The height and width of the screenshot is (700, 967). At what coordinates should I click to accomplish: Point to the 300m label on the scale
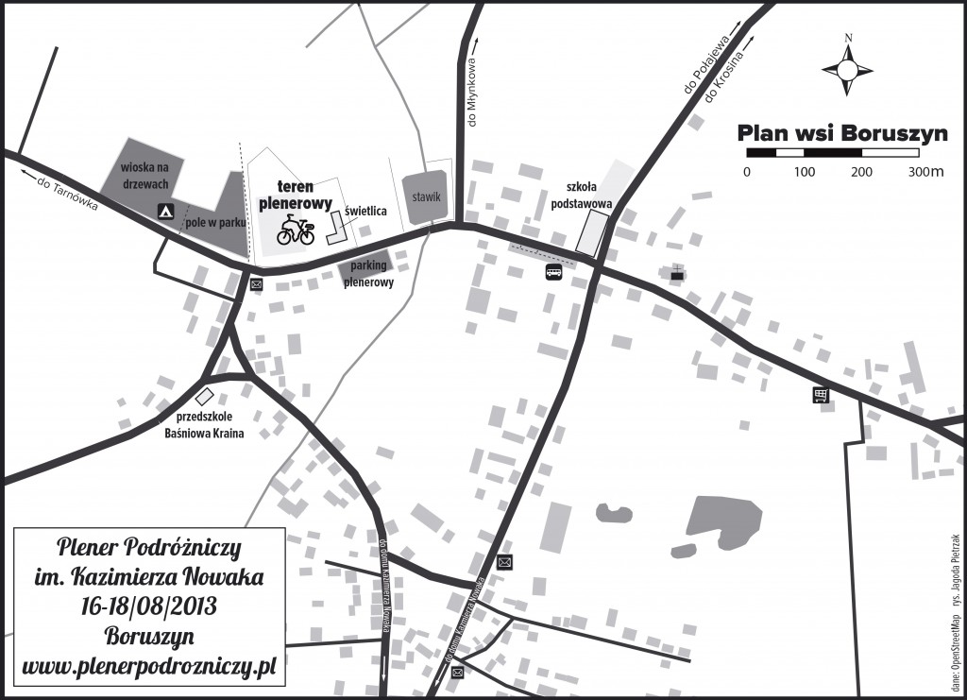click(x=925, y=172)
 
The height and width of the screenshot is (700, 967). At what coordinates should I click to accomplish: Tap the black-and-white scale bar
click(x=832, y=152)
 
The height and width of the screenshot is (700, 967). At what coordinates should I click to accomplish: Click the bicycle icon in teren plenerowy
click(x=295, y=229)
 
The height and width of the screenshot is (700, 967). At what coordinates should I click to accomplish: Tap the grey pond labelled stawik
click(x=427, y=197)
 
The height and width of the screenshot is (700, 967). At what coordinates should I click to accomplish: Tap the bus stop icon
click(x=554, y=273)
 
